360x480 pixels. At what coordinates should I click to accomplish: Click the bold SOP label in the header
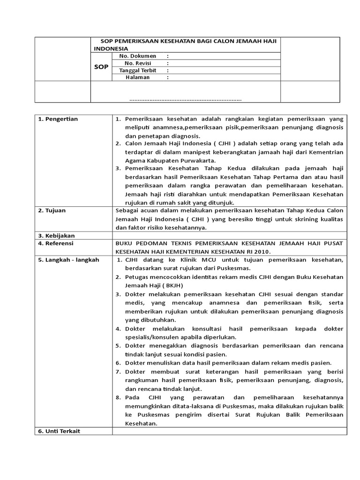point(101,67)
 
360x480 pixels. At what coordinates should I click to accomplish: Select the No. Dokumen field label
point(137,56)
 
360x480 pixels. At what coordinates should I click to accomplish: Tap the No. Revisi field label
point(137,63)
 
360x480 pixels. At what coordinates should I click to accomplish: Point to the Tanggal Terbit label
point(137,70)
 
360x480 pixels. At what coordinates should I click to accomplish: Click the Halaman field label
point(137,77)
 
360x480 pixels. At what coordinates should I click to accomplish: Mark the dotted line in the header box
point(185,99)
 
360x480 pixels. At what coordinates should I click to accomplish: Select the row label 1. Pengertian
point(58,119)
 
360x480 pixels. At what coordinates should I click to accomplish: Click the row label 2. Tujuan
point(52,210)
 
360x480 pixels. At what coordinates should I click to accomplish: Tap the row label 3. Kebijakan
point(56,235)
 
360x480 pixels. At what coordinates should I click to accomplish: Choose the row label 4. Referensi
point(56,243)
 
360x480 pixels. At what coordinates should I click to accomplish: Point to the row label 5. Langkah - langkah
point(68,260)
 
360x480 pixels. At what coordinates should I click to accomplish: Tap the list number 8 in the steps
point(118,397)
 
